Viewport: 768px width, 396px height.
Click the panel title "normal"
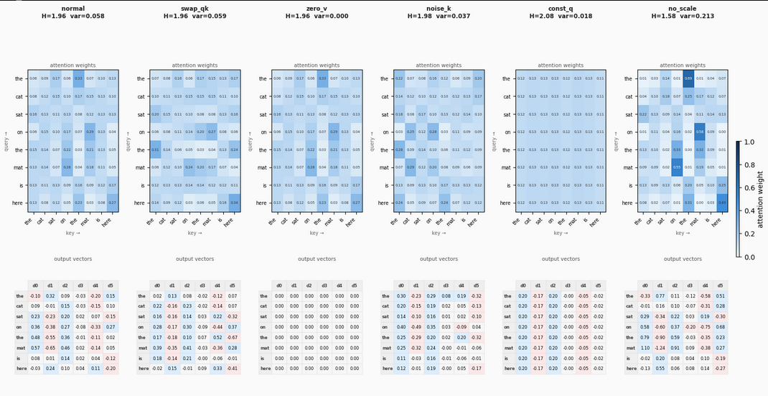(72, 8)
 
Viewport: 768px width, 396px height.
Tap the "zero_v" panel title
(317, 8)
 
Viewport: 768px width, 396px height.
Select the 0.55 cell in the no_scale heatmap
(675, 167)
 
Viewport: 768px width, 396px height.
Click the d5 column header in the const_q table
(599, 285)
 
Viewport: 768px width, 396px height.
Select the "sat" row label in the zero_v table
(266, 316)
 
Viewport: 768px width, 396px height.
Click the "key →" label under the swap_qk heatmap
(195, 233)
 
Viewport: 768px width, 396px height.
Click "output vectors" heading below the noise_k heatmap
(439, 259)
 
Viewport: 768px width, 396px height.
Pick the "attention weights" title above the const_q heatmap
(561, 65)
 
